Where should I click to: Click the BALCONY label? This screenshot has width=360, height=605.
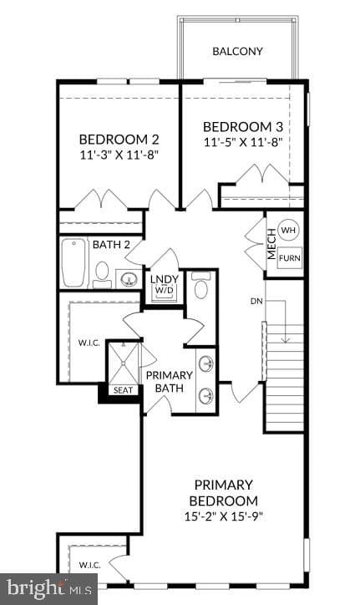pos(237,51)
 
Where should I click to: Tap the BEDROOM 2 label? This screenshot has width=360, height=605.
pos(119,139)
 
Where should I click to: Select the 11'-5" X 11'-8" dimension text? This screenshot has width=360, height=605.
pos(243,142)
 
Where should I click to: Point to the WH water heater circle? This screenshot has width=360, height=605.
pos(288,231)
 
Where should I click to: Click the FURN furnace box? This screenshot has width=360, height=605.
pos(289,257)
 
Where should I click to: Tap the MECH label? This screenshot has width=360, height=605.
pos(271,244)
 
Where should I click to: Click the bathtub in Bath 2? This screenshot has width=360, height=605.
pos(74,262)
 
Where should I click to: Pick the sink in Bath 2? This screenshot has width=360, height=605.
pos(129,278)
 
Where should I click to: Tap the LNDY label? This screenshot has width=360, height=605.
pos(165,279)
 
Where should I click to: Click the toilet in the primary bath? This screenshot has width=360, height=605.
pos(201,285)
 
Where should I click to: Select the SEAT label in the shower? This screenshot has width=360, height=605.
pos(123,390)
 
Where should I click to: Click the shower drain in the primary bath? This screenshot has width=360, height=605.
pos(123,363)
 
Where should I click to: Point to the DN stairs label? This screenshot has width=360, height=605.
pos(256,301)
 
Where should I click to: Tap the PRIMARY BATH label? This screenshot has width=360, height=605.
pos(169,382)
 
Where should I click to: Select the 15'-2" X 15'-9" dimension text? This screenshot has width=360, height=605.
pos(223,516)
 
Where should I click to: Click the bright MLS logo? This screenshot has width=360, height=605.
pos(49,588)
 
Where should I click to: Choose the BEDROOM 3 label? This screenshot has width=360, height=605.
pos(243,126)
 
